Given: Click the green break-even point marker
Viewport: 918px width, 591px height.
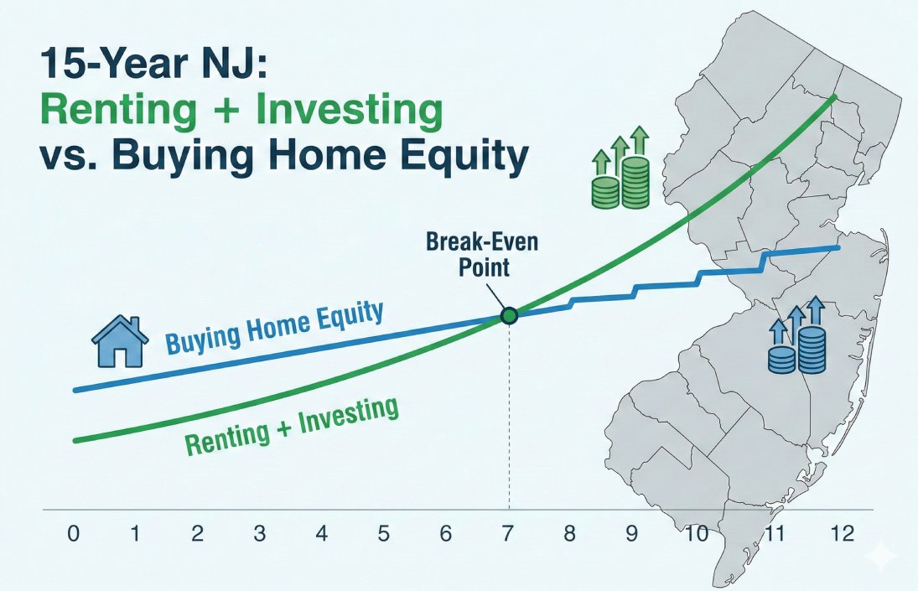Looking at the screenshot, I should pos(509,316).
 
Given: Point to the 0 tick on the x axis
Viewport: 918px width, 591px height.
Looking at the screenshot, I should pos(74,534).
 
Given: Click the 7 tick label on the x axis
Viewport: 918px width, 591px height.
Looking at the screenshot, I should pos(508,534).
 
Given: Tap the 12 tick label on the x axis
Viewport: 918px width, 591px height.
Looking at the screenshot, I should pos(843,534).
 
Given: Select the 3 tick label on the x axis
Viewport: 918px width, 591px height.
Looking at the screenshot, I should pos(260,534).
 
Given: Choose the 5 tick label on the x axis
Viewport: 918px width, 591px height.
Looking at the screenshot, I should pos(384,534).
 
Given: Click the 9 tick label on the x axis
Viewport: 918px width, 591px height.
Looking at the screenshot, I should pos(632,534).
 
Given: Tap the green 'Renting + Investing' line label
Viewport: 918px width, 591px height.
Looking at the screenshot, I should pos(290,427).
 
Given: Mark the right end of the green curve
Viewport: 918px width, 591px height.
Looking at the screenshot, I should pos(835,97).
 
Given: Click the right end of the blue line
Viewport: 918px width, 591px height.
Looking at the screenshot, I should pos(839,247).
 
